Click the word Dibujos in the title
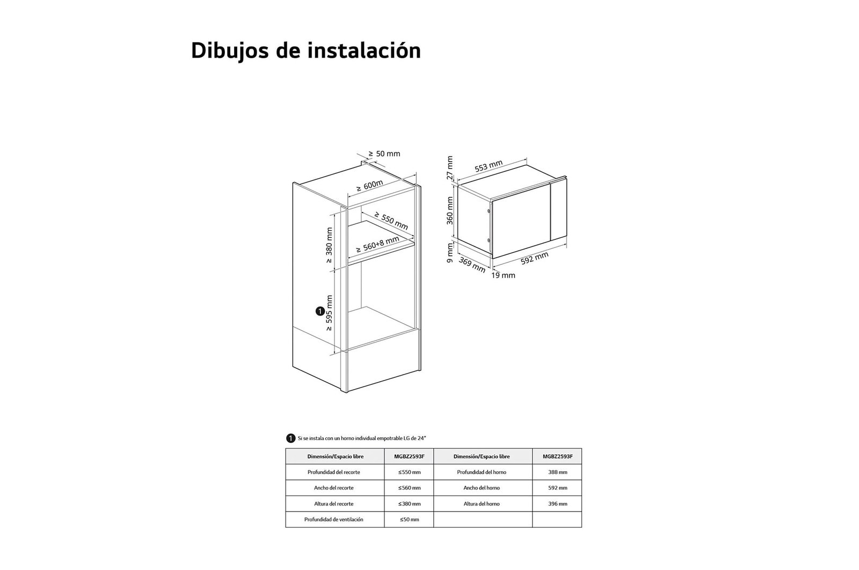[x=230, y=51]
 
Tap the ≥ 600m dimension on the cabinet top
[x=370, y=186]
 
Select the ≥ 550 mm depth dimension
[x=391, y=221]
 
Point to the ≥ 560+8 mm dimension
[x=378, y=245]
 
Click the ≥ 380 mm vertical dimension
[x=329, y=245]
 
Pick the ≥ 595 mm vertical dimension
[x=329, y=313]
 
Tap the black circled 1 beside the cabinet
[x=320, y=311]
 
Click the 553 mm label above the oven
[x=489, y=166]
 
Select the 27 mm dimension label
[x=450, y=167]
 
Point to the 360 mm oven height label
[x=450, y=210]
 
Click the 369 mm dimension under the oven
[x=472, y=265]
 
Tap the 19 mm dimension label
[x=503, y=275]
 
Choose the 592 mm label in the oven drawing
[x=535, y=258]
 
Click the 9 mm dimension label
[x=450, y=253]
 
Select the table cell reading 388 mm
[x=557, y=472]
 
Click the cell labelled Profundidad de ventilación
[x=333, y=520]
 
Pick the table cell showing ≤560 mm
[x=409, y=488]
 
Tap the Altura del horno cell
[x=482, y=503]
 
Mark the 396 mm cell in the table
[x=557, y=503]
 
